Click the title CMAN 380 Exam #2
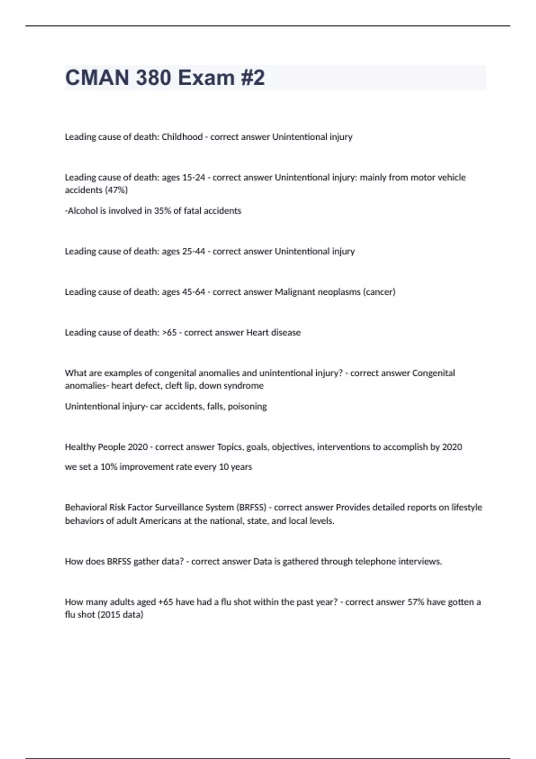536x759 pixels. pyautogui.click(x=165, y=78)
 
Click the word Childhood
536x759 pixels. pyautogui.click(x=182, y=137)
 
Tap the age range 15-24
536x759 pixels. pyautogui.click(x=193, y=178)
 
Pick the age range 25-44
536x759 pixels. pyautogui.click(x=193, y=251)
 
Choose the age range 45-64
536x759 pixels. pyautogui.click(x=193, y=292)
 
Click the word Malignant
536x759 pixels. pyautogui.click(x=295, y=292)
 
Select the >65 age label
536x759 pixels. pyautogui.click(x=169, y=333)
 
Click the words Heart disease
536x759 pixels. pyautogui.click(x=273, y=333)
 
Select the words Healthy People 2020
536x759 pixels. pyautogui.click(x=106, y=447)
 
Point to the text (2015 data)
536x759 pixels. pyautogui.click(x=120, y=615)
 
